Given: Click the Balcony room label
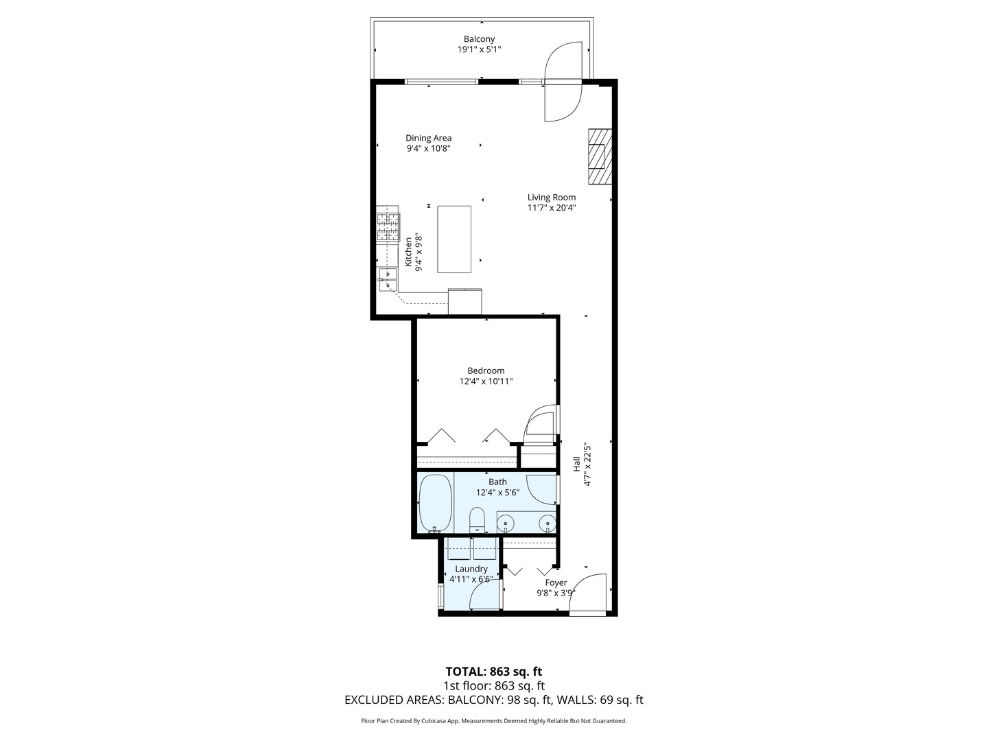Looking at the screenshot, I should [479, 39].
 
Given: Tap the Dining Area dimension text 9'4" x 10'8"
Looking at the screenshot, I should [427, 148].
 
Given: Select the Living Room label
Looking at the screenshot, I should [552, 198].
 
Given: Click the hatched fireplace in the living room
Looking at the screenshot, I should [597, 156].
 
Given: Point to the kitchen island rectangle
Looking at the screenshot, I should [454, 238].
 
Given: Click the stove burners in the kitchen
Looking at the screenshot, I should [388, 226].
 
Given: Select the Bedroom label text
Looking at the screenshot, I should [486, 371].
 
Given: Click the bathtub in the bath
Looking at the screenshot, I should [434, 503].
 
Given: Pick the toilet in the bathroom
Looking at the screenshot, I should [477, 519].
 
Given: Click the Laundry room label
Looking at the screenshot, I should [471, 569].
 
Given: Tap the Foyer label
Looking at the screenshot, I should [556, 583].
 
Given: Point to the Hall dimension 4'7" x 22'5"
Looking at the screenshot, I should [587, 464].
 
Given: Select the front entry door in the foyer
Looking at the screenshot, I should [589, 594].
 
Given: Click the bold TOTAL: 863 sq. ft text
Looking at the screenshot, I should [494, 672].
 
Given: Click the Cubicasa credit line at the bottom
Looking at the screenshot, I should [494, 721].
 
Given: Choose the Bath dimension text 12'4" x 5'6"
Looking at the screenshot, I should [497, 493].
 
